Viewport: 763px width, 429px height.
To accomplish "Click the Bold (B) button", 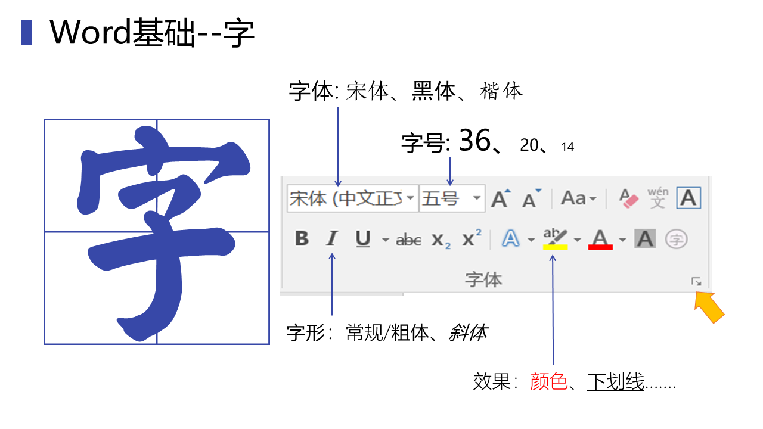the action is click(x=302, y=239).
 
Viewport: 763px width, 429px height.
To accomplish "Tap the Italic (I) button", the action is click(x=331, y=239).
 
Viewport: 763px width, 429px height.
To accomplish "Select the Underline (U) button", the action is click(x=363, y=239).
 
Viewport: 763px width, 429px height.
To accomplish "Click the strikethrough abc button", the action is click(x=409, y=240).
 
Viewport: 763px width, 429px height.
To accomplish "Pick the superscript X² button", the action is click(x=472, y=238).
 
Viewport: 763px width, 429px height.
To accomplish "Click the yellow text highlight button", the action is click(x=555, y=240).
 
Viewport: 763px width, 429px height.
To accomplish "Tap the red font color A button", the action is click(x=600, y=240).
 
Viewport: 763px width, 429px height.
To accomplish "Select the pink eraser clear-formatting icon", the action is click(x=628, y=198).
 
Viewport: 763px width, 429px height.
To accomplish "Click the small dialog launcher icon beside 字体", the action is click(x=696, y=281).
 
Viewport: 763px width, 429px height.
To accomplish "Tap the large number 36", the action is click(x=474, y=141).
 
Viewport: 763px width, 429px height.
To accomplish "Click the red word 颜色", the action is click(x=548, y=381).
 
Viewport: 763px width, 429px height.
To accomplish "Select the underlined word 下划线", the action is click(x=616, y=381).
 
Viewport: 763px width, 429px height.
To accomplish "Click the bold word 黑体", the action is click(x=433, y=91).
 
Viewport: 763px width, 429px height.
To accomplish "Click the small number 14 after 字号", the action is click(x=567, y=147).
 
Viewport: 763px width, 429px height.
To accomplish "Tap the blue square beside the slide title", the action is click(x=26, y=33).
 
